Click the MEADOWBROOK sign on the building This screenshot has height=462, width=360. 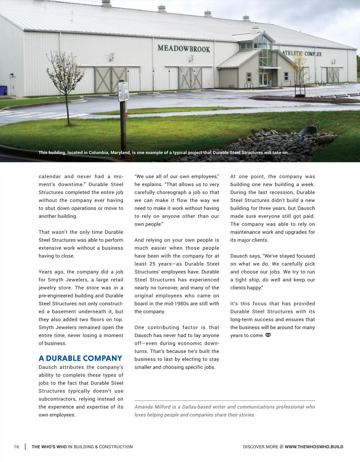184,49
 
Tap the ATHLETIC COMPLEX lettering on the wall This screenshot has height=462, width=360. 302,53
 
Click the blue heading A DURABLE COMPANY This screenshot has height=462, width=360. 80,358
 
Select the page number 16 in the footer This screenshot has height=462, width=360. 16,447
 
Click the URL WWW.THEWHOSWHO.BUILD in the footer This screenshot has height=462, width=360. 314,447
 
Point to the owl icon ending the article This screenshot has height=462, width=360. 268,335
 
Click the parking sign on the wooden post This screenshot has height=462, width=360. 123,91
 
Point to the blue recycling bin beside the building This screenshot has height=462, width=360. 3,90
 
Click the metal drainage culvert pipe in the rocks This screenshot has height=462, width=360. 307,130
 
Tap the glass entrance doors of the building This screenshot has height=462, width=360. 264,79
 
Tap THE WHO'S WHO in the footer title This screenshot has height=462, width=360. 49,447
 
